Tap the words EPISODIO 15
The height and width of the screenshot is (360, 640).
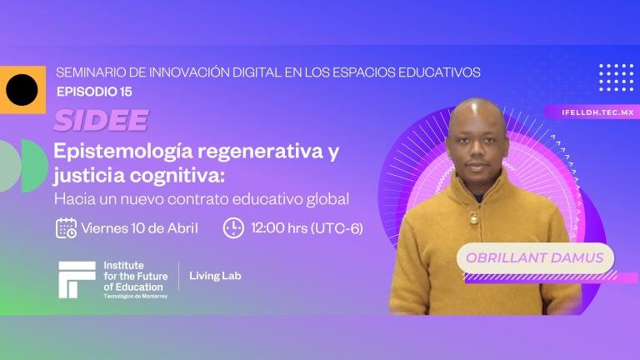[x=93, y=91]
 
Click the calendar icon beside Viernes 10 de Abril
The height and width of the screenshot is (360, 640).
[x=66, y=227]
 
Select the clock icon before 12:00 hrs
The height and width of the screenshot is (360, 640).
[x=234, y=227]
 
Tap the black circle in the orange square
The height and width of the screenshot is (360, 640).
[x=22, y=89]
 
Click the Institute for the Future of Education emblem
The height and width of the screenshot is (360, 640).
[x=77, y=279]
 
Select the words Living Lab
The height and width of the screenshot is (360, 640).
[x=216, y=276]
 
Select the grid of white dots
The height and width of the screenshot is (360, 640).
[x=616, y=77]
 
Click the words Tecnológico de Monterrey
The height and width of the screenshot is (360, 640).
[x=135, y=296]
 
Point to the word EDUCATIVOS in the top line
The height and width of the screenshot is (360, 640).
[x=438, y=72]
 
